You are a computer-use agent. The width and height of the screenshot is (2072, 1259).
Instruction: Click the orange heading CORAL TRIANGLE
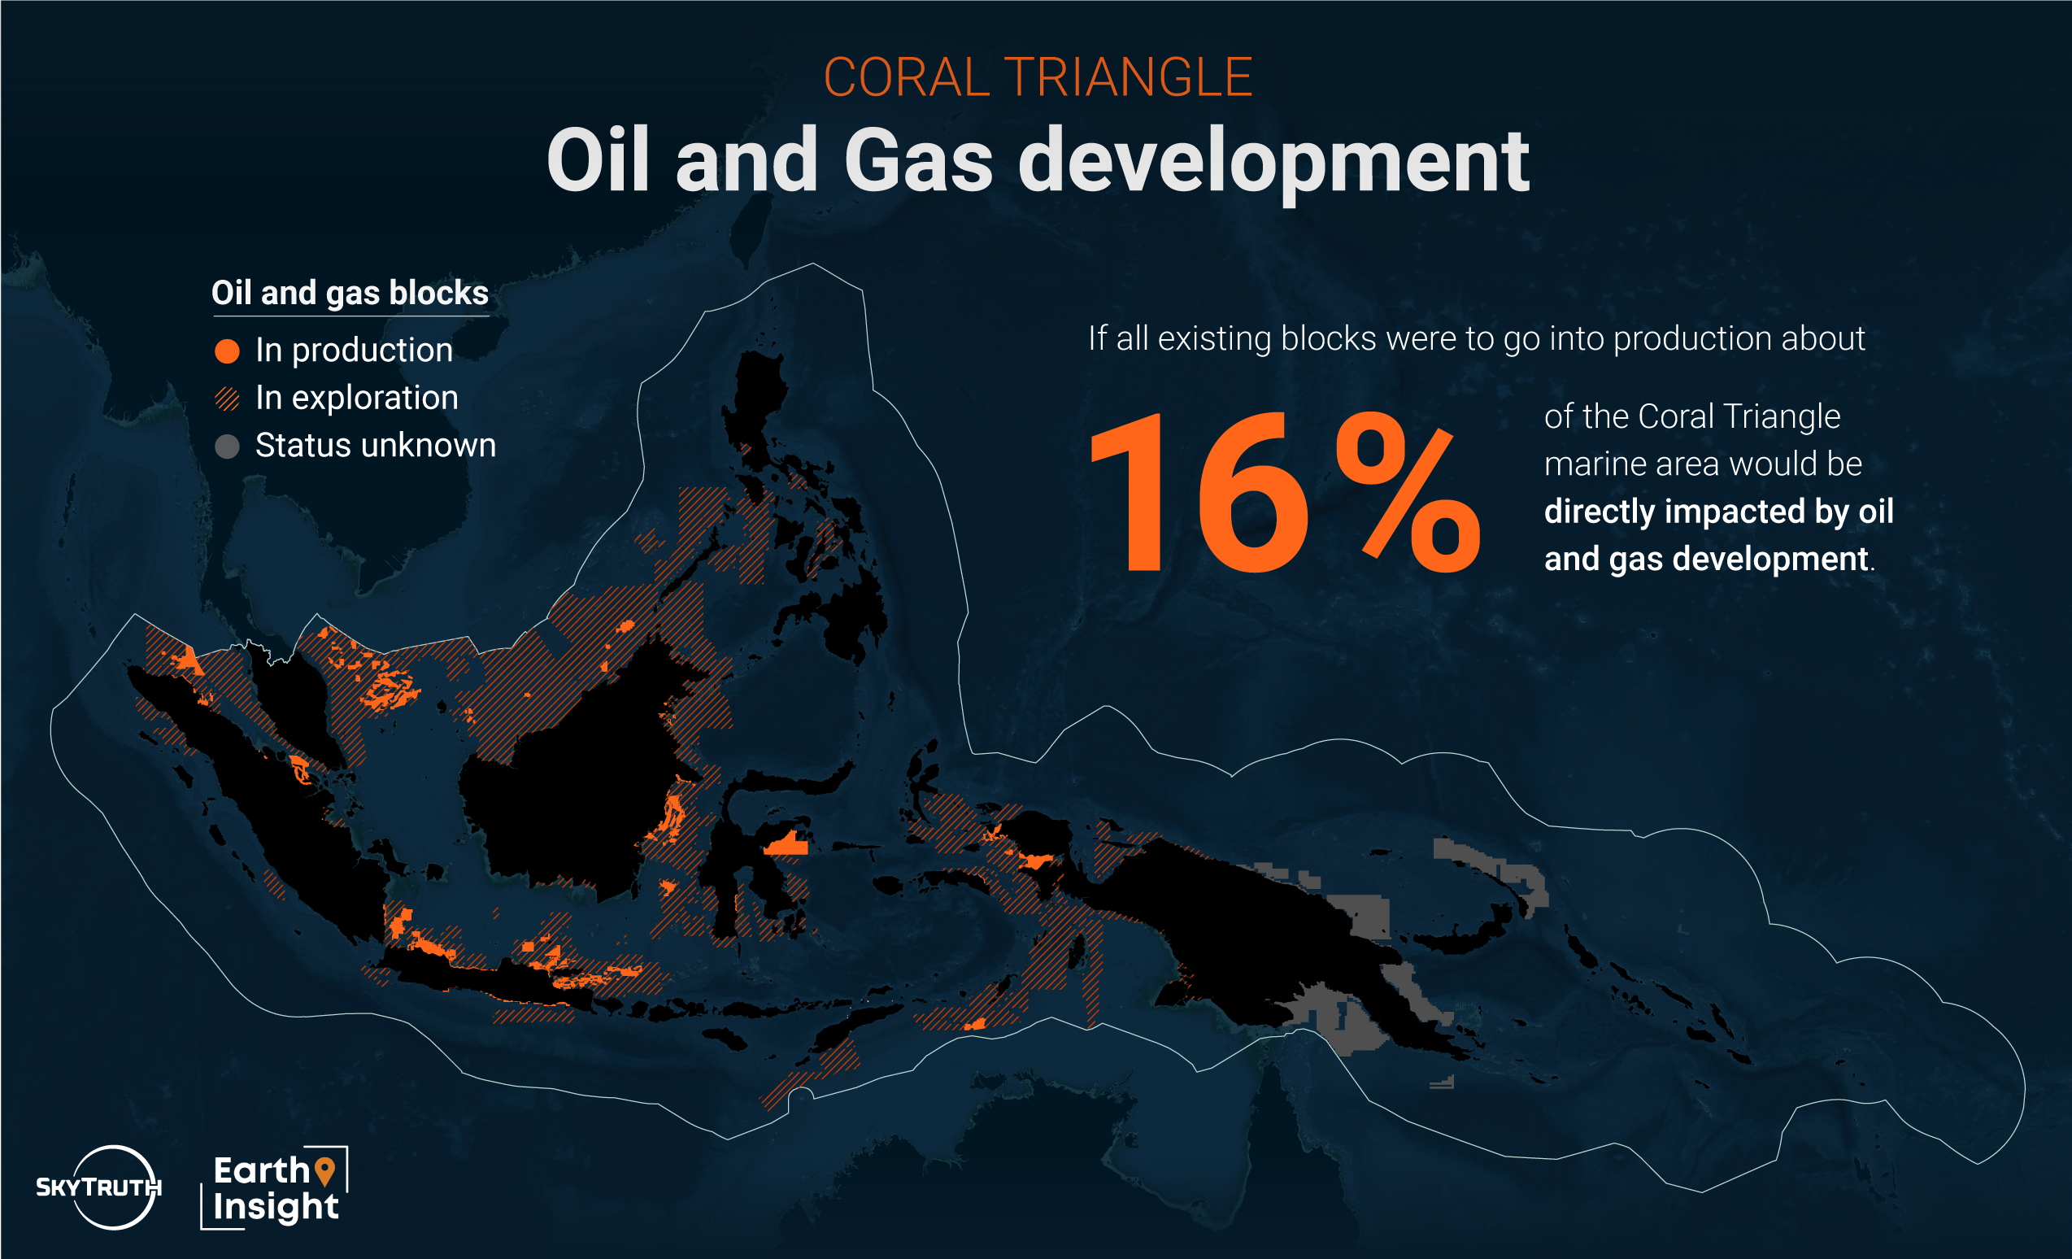pyautogui.click(x=1038, y=77)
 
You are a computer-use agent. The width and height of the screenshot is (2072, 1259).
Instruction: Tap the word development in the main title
pyautogui.click(x=1273, y=165)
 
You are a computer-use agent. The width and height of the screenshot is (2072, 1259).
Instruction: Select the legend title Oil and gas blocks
pyautogui.click(x=350, y=293)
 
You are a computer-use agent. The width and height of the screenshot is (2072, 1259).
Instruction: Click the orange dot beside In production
pyautogui.click(x=227, y=351)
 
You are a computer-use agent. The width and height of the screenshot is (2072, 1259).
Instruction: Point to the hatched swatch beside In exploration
pyautogui.click(x=227, y=398)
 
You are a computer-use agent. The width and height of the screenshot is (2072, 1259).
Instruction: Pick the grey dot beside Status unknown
pyautogui.click(x=227, y=446)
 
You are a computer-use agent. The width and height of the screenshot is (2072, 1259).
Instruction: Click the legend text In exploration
pyautogui.click(x=356, y=398)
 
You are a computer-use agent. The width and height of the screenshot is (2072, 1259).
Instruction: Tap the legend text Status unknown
pyautogui.click(x=375, y=445)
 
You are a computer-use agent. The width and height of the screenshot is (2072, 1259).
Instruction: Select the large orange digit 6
pyautogui.click(x=1252, y=491)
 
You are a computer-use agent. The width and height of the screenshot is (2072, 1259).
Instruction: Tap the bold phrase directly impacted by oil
pyautogui.click(x=1719, y=512)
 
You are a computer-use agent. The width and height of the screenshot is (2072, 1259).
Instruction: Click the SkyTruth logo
pyautogui.click(x=99, y=1187)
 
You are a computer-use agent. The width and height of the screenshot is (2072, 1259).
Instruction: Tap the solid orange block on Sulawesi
pyautogui.click(x=787, y=843)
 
